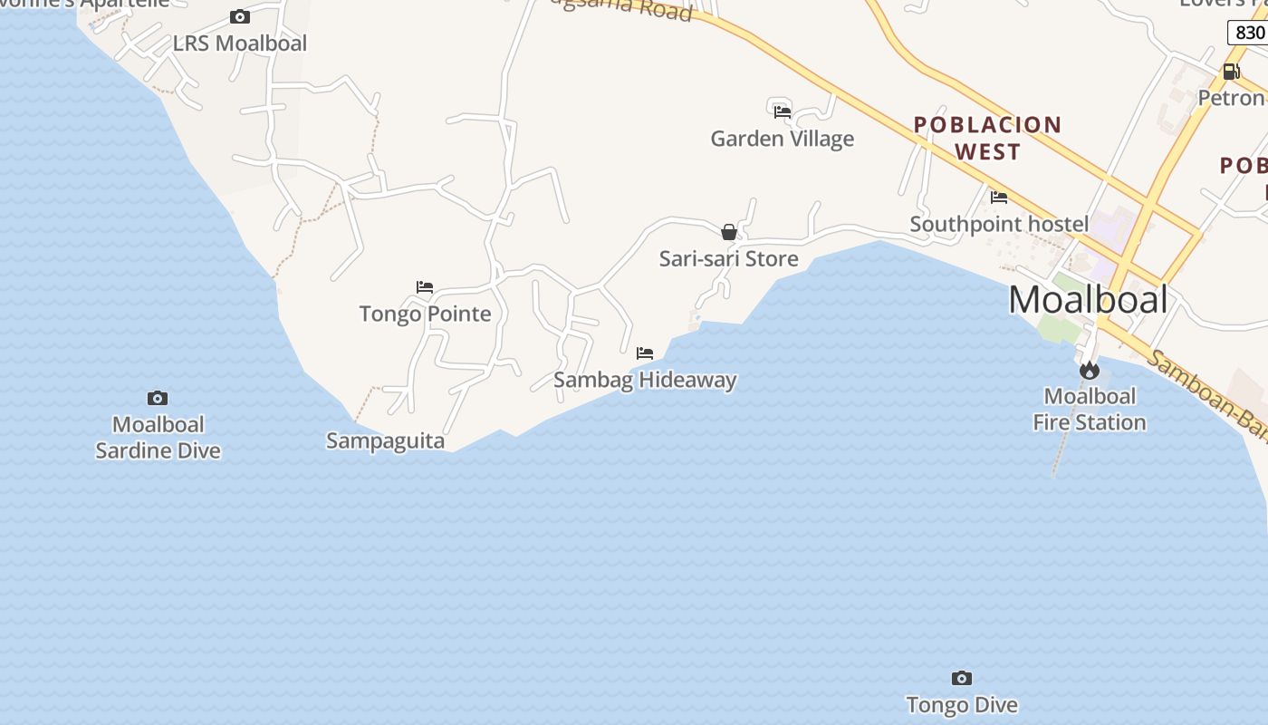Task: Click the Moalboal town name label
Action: (x=1088, y=299)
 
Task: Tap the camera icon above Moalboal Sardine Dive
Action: (x=158, y=398)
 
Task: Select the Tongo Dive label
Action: (x=962, y=704)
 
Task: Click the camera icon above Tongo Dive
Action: (x=962, y=678)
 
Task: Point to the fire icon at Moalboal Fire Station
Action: (x=1089, y=370)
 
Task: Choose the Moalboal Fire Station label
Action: (x=1090, y=409)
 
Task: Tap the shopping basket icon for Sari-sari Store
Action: (x=729, y=232)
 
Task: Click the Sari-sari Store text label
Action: (x=729, y=258)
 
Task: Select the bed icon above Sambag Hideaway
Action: (x=645, y=353)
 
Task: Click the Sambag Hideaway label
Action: (x=645, y=380)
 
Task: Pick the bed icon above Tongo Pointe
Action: (x=425, y=287)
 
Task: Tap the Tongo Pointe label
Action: (x=425, y=314)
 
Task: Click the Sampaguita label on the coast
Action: (x=385, y=441)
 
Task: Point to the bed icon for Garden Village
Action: (x=783, y=111)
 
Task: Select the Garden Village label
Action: (x=783, y=139)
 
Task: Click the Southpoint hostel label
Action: (x=999, y=224)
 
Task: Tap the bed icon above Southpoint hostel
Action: (x=999, y=197)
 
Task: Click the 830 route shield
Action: (x=1250, y=33)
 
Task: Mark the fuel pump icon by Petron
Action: (x=1231, y=72)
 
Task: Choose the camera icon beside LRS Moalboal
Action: (x=240, y=16)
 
